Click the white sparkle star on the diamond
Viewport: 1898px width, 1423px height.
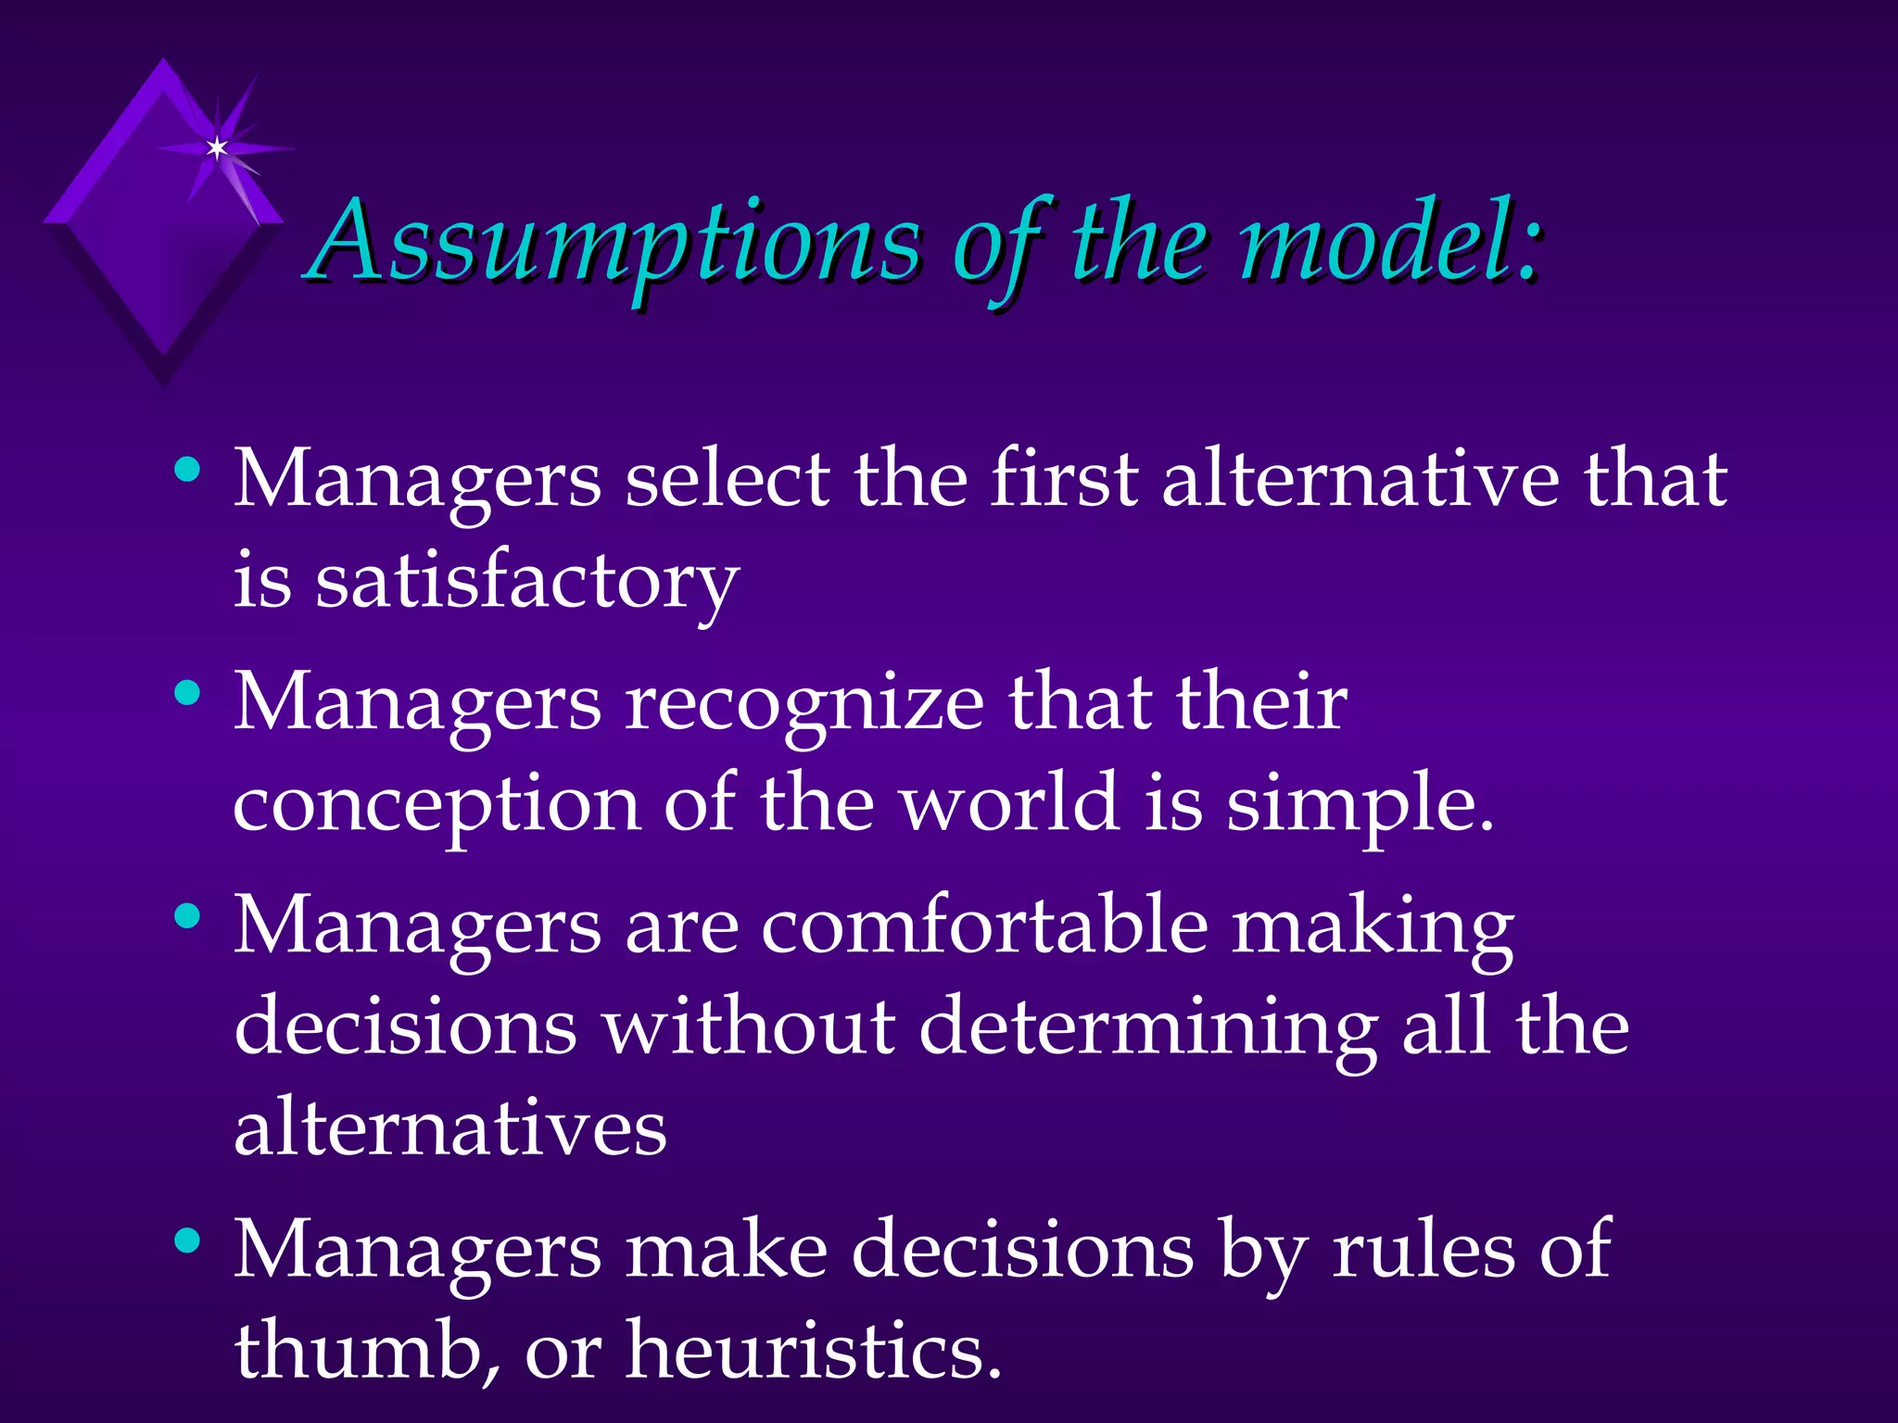click(x=217, y=147)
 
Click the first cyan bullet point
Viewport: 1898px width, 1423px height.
click(x=187, y=470)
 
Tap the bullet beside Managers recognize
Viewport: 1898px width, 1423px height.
click(x=187, y=692)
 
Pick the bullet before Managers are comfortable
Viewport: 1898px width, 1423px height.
click(x=187, y=916)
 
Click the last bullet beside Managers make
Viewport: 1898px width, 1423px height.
click(x=187, y=1240)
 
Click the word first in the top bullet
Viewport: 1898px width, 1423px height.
click(x=1064, y=480)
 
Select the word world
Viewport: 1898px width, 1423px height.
click(x=1010, y=804)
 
